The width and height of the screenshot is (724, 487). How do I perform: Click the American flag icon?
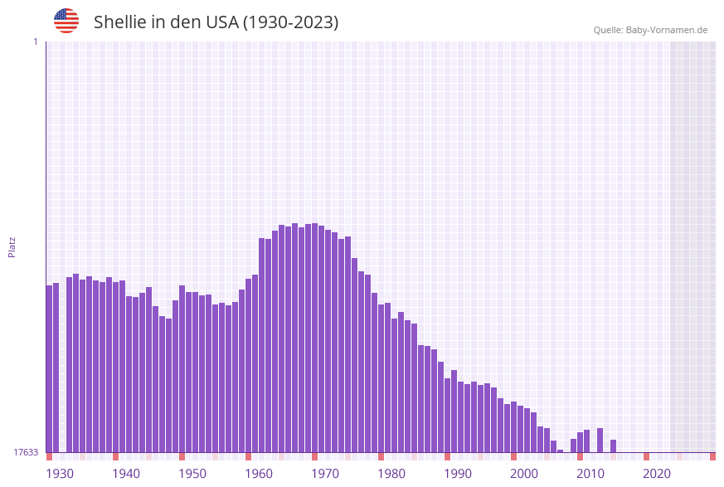66,21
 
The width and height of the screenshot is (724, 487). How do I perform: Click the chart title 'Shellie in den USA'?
216,22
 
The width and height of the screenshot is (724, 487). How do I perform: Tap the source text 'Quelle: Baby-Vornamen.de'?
650,30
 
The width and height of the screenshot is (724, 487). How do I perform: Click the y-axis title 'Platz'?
12,246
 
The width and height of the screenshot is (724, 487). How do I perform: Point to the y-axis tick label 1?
35,41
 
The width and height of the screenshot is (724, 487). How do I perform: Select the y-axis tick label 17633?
25,452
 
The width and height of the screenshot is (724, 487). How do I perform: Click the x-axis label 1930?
59,474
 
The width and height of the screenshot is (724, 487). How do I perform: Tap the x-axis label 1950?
192,474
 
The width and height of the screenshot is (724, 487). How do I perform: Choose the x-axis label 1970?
325,474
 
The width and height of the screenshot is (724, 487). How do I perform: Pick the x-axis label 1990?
458,474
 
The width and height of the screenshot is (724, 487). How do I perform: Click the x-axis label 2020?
657,474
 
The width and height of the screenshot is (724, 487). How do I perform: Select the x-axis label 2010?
590,474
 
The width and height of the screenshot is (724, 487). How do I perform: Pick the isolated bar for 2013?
613,446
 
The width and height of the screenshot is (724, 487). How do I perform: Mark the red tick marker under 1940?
115,456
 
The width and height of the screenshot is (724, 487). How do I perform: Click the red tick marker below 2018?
646,456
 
